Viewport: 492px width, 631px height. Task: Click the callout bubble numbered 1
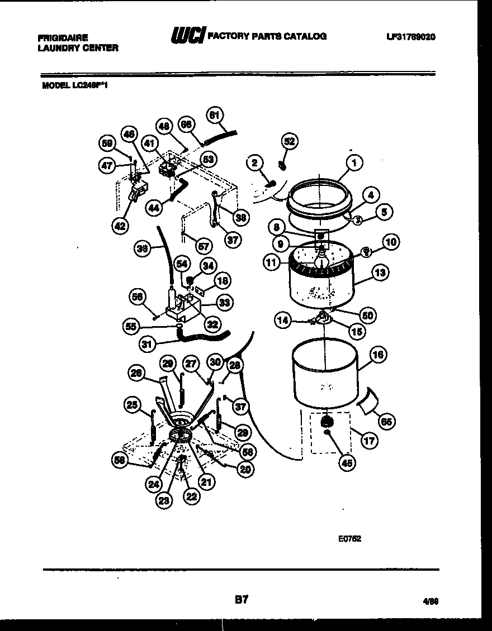point(353,163)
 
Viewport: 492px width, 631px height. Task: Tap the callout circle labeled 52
point(289,141)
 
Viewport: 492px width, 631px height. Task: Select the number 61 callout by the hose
point(214,116)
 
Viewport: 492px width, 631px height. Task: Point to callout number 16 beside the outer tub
point(378,354)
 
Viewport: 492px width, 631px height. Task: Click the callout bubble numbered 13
point(380,273)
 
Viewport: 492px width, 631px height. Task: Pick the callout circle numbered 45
point(348,462)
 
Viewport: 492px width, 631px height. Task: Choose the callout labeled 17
point(369,440)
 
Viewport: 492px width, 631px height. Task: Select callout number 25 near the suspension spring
point(133,405)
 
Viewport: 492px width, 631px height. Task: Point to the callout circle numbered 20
point(244,470)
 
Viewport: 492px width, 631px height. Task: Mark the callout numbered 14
point(283,320)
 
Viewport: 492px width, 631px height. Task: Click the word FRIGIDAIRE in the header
point(63,38)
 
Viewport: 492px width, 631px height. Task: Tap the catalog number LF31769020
point(410,37)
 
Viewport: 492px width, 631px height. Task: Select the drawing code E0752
point(349,539)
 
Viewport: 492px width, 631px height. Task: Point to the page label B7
point(241,600)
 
